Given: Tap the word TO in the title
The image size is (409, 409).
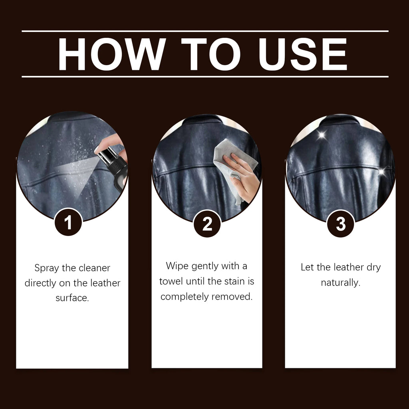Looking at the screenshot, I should coord(211,54).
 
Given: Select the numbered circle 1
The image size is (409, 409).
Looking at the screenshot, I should coord(68,222).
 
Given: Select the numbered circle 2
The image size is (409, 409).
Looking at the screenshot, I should coord(207,224).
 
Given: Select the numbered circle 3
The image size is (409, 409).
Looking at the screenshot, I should coord(340,224).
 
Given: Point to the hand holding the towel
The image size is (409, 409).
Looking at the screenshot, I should coord(242,176).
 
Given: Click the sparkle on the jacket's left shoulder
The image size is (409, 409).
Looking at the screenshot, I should coord(322,135).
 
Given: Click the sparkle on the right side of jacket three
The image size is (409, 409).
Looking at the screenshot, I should coord(381,172).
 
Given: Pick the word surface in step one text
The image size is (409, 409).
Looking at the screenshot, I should coord(72,298).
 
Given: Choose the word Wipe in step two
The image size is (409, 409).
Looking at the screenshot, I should coord(177,266).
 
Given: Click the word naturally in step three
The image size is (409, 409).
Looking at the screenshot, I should coord(340,283).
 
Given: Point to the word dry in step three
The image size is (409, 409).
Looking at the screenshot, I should coord(373,267).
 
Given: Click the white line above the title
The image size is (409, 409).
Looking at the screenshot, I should coord(204,31).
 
